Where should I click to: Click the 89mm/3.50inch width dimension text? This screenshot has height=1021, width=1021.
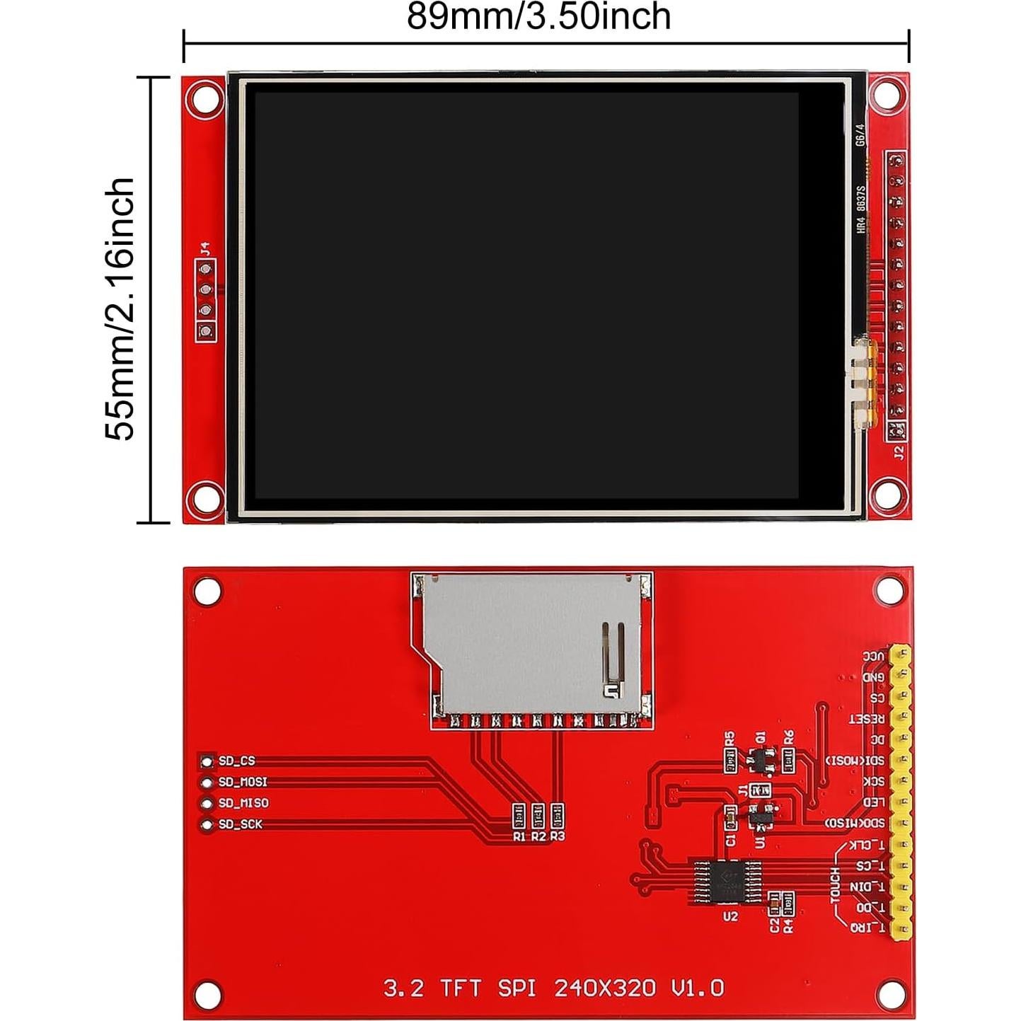538,17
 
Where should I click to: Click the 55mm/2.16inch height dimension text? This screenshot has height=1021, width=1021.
120,308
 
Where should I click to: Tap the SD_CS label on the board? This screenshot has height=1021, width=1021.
236,761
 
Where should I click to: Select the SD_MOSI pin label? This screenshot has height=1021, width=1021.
243,782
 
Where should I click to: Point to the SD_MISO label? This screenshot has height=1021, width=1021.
243,803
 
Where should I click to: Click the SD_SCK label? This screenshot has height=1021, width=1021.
240,824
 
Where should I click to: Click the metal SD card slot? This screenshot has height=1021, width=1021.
531,644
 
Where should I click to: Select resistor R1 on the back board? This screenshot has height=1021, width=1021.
519,817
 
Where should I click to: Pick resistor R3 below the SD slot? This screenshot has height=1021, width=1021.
558,817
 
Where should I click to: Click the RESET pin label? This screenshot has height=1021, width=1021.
867,719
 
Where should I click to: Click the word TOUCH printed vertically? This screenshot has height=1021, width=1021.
835,885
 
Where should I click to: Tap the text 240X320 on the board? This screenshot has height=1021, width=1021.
605,987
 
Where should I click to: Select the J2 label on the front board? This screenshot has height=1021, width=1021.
899,452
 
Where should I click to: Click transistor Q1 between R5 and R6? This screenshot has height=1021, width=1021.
759,759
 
